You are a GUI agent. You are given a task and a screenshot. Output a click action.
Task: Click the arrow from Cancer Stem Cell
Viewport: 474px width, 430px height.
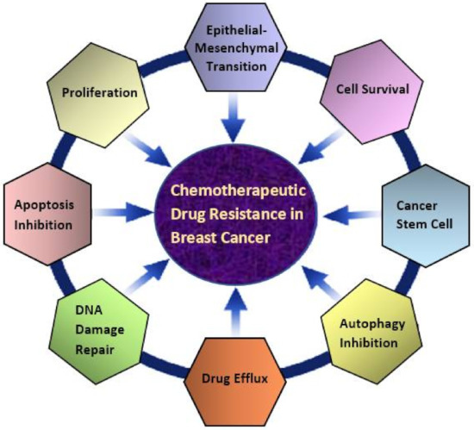click(x=345, y=211)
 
